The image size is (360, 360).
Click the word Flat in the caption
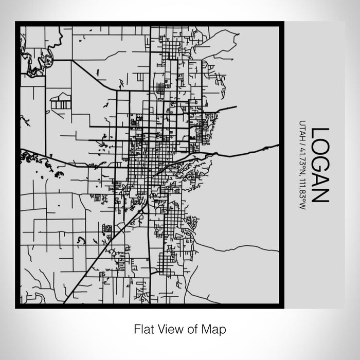point(142,328)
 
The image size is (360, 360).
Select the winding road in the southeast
point(237,248)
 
